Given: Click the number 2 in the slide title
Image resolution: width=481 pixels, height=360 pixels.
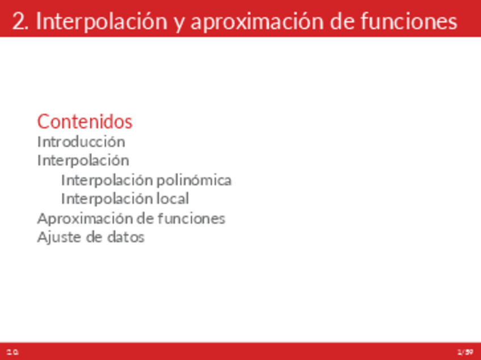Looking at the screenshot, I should coord(19,22).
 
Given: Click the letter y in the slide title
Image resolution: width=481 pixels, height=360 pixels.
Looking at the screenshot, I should coord(178,23).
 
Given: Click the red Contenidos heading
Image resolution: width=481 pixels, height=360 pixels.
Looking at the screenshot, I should coord(85,121).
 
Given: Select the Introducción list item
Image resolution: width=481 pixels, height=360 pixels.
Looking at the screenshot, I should coord(81,141).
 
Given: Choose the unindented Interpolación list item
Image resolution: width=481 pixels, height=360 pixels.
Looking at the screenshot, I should coord(83,160).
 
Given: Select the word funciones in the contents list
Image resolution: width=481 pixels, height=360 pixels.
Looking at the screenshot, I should coord(192,218).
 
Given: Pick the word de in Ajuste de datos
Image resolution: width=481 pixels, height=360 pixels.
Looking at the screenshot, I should coord(94,237).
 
